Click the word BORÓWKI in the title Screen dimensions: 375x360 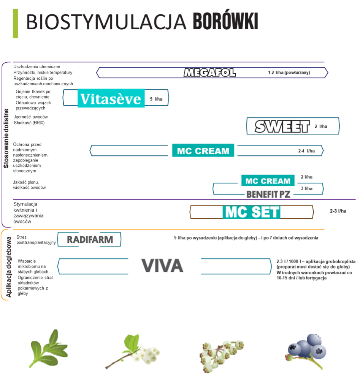(x=225, y=22)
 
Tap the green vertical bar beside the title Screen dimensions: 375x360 (x=16, y=24)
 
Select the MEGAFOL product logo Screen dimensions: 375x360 (x=209, y=73)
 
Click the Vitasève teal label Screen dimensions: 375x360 (x=111, y=98)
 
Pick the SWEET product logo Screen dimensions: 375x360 (x=282, y=127)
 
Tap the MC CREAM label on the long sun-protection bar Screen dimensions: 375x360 (x=203, y=151)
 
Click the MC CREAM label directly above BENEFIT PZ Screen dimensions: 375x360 (x=268, y=181)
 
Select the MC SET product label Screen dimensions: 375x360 (x=252, y=212)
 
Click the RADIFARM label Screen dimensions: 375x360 (x=90, y=239)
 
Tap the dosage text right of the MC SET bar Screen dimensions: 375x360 (x=338, y=211)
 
